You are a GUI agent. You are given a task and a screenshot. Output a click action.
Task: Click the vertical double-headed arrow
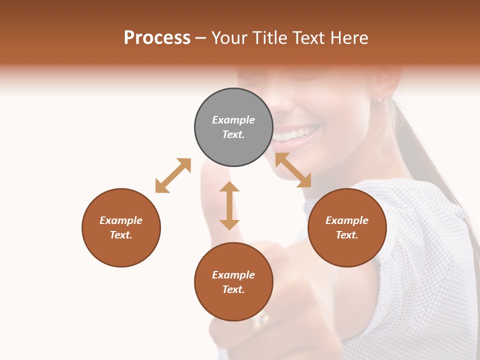point(229,205)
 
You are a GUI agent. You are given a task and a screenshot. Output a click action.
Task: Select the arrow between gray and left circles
point(173,175)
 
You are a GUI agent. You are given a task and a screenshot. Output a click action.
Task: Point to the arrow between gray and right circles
point(293,170)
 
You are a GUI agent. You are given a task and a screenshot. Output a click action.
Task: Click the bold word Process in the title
point(157,38)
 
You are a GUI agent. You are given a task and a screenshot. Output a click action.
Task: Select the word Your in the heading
point(230,38)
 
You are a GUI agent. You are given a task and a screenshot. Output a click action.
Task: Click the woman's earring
point(379,100)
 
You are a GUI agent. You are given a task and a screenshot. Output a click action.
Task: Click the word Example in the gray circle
point(233,120)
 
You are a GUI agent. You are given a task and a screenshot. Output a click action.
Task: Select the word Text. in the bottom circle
point(233,289)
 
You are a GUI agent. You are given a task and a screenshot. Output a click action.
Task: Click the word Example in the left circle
point(121,220)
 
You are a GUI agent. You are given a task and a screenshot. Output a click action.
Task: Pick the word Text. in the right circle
point(347,235)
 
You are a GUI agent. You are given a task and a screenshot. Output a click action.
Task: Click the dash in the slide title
point(200,38)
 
